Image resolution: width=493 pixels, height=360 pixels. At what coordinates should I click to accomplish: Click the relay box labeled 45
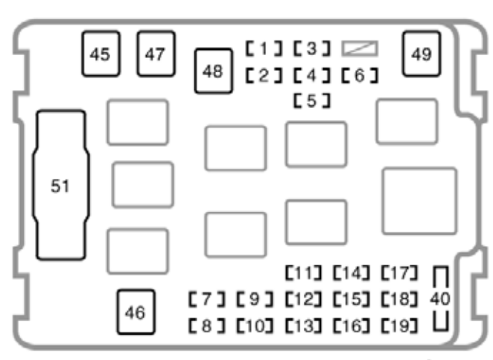coord(101,54)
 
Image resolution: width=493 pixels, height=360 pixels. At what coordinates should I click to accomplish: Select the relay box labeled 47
coord(155,54)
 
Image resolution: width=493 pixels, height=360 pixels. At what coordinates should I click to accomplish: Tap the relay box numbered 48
coord(212,70)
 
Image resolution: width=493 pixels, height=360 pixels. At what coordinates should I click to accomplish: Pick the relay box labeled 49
coord(421,54)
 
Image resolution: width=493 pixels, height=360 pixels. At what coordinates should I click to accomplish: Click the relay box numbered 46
coord(135,312)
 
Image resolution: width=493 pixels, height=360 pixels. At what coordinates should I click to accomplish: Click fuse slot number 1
coord(264,50)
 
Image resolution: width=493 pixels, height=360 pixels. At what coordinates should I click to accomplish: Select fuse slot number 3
coord(311,50)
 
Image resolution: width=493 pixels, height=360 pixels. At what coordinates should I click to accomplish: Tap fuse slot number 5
coord(312,99)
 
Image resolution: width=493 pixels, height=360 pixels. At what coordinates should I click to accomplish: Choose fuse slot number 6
coord(360,75)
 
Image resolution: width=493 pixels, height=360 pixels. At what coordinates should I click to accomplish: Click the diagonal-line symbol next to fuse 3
coord(360,49)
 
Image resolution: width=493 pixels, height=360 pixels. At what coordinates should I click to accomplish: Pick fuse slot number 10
coord(255,325)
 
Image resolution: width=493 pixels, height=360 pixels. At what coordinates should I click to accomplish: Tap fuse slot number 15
coord(351,300)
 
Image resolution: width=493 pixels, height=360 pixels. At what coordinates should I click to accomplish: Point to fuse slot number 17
coord(398,273)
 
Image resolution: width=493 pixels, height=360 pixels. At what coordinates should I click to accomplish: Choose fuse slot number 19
coord(398,325)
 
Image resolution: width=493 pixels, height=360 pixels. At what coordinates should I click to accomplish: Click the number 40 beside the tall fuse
coord(440,299)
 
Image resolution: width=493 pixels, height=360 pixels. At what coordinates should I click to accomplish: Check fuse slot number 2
coord(264,75)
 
